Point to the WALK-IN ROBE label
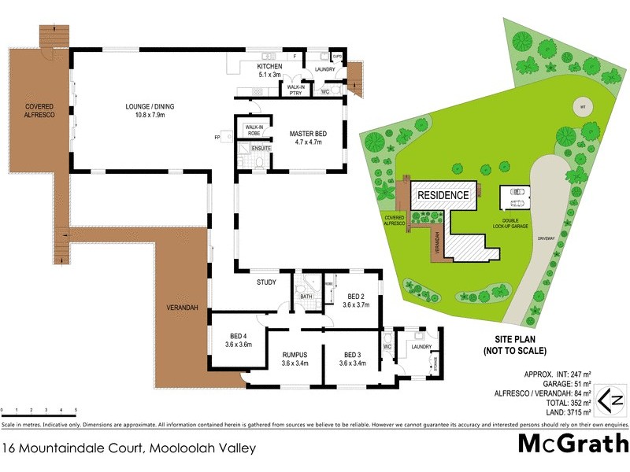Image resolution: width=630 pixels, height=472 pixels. [254, 130]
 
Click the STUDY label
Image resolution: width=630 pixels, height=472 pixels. [265, 282]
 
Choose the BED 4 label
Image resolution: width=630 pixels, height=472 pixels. [237, 339]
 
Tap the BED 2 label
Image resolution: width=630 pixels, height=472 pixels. [358, 300]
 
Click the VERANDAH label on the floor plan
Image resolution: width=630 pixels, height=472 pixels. [182, 307]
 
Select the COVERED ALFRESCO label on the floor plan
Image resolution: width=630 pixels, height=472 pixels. [39, 110]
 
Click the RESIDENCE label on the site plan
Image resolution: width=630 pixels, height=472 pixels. [443, 195]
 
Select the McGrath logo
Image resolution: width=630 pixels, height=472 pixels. [573, 444]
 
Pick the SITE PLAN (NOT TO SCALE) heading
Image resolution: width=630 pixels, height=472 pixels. [516, 345]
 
